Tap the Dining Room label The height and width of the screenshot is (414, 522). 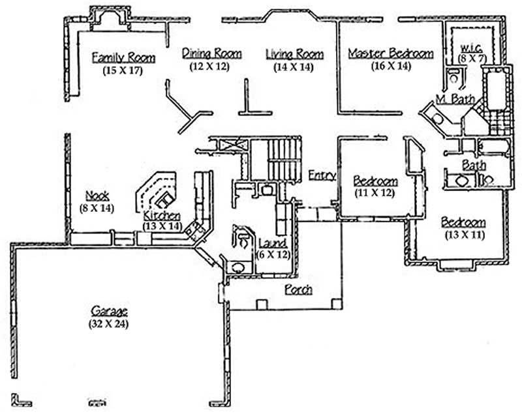point(211,53)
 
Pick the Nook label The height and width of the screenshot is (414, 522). point(97,196)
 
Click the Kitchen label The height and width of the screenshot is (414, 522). point(161,216)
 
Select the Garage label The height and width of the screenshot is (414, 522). point(109,312)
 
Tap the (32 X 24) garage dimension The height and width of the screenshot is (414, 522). point(109,323)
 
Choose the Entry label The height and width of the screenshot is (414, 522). point(322,175)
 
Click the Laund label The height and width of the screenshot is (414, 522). point(271,244)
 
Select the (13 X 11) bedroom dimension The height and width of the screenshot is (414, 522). point(464,234)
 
